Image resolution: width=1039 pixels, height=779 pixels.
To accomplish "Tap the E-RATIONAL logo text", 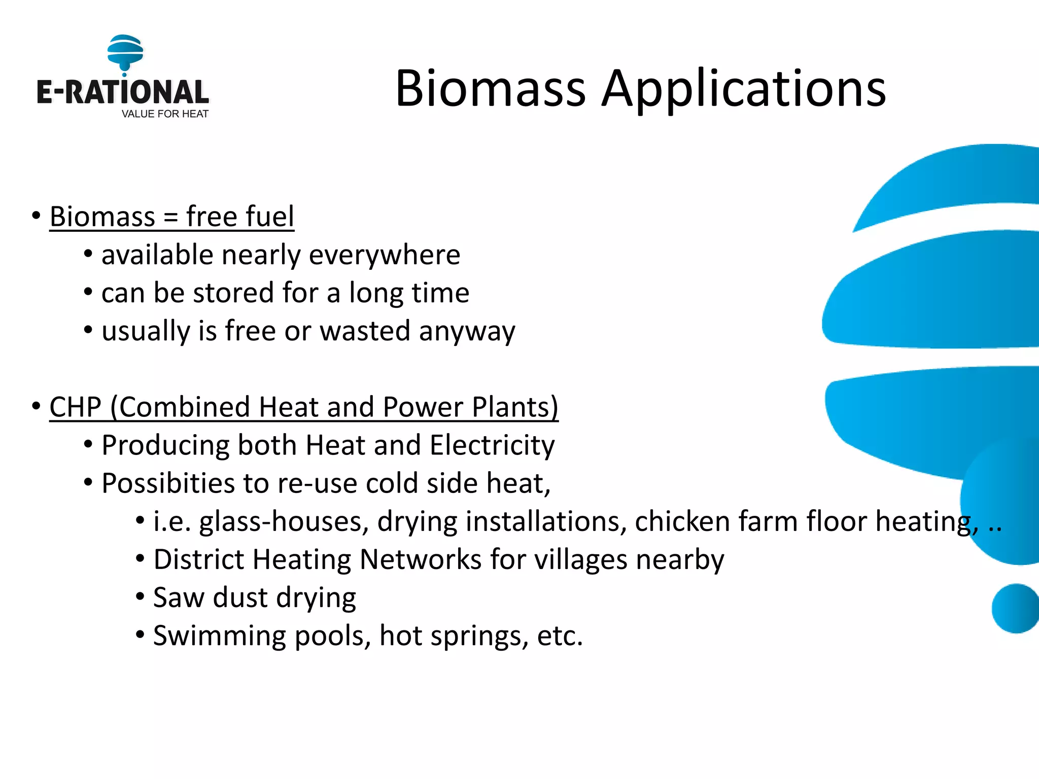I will point(122,92).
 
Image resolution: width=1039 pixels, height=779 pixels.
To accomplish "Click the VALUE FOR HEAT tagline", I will point(165,114).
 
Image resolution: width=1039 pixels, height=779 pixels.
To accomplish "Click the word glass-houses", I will point(284,522).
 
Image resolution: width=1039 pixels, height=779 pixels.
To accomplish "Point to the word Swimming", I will point(219,636).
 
